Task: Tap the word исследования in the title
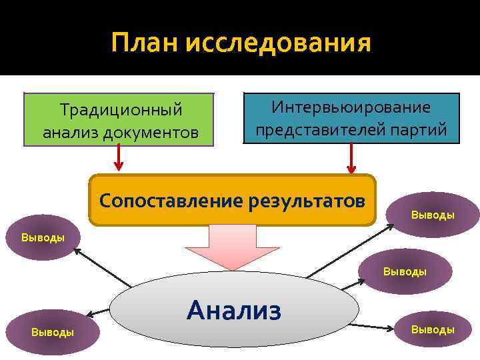tap(279, 44)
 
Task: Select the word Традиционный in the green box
tap(121, 108)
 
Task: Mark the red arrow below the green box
tap(118, 158)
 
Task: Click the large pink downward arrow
tap(231, 247)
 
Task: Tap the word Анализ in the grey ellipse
tap(234, 309)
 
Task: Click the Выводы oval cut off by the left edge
tap(40, 237)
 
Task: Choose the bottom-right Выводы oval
tap(432, 329)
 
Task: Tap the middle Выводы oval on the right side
tap(405, 271)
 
